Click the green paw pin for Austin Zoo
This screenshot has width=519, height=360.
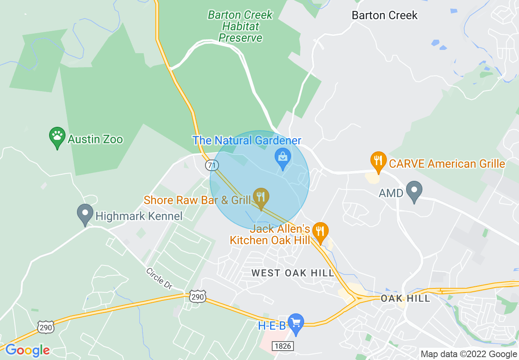(x=57, y=137)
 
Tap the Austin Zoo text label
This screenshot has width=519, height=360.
(x=95, y=139)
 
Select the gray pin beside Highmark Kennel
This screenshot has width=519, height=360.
(x=85, y=214)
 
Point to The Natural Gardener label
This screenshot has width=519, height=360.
(x=247, y=141)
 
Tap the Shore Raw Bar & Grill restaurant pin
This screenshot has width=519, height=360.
(x=261, y=198)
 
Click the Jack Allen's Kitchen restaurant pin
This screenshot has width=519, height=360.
(x=320, y=232)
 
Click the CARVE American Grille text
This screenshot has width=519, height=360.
(x=447, y=164)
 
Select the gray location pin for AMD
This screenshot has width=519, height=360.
(x=414, y=191)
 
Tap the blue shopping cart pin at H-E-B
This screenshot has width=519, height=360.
(x=296, y=324)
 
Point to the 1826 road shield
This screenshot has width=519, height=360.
(x=283, y=346)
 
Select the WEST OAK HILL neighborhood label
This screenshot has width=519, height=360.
(x=293, y=273)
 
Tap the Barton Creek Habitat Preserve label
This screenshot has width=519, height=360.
(x=240, y=27)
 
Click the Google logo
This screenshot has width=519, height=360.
(x=27, y=350)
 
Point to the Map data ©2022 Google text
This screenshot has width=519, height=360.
(x=469, y=354)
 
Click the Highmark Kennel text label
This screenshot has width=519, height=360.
(x=139, y=216)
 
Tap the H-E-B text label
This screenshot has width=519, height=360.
(x=271, y=326)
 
